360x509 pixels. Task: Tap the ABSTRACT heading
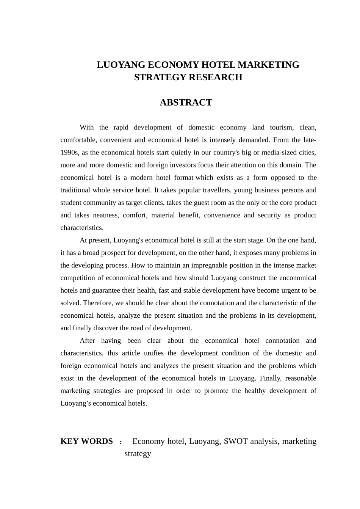(x=186, y=103)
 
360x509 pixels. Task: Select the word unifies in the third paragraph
(x=153, y=353)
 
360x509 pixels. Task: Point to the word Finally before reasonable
(x=267, y=378)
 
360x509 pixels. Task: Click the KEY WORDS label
(x=86, y=441)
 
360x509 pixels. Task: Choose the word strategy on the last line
(x=138, y=454)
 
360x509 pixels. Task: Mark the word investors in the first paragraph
(x=182, y=165)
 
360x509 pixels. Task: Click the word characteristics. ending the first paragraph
(x=82, y=228)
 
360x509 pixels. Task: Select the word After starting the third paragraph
(x=87, y=340)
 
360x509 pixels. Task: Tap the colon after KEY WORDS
(x=121, y=442)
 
